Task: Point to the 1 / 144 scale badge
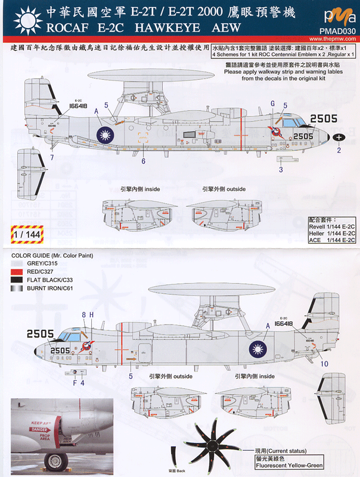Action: pyautogui.click(x=24, y=235)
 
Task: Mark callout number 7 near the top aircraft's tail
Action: pyautogui.click(x=51, y=158)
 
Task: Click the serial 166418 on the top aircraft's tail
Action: pyautogui.click(x=78, y=106)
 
